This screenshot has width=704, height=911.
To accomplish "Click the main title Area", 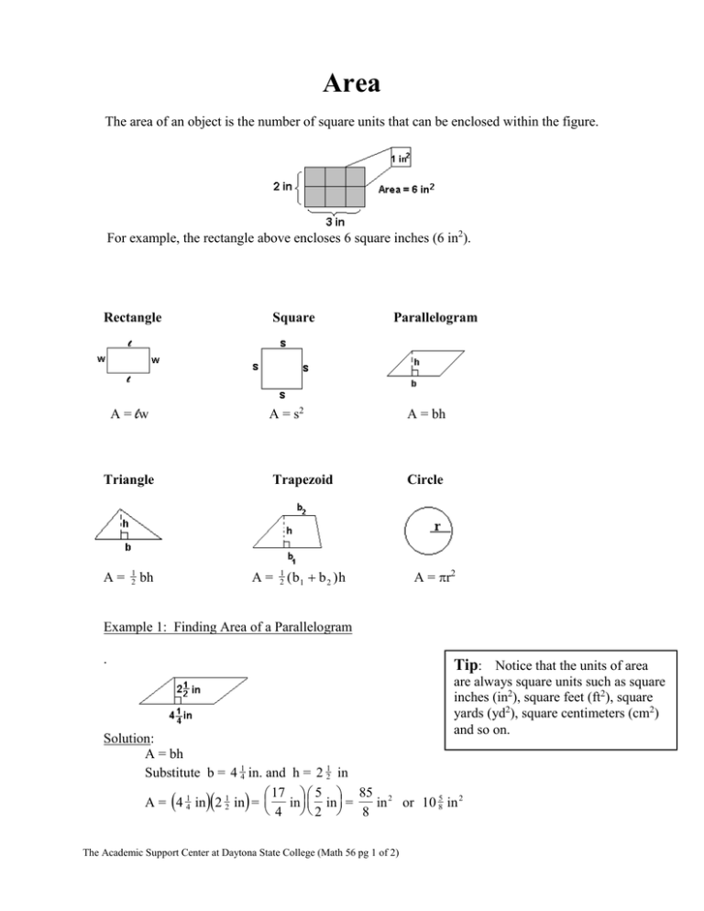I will point(352,85).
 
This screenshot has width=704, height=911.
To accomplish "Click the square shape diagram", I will point(282,369).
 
